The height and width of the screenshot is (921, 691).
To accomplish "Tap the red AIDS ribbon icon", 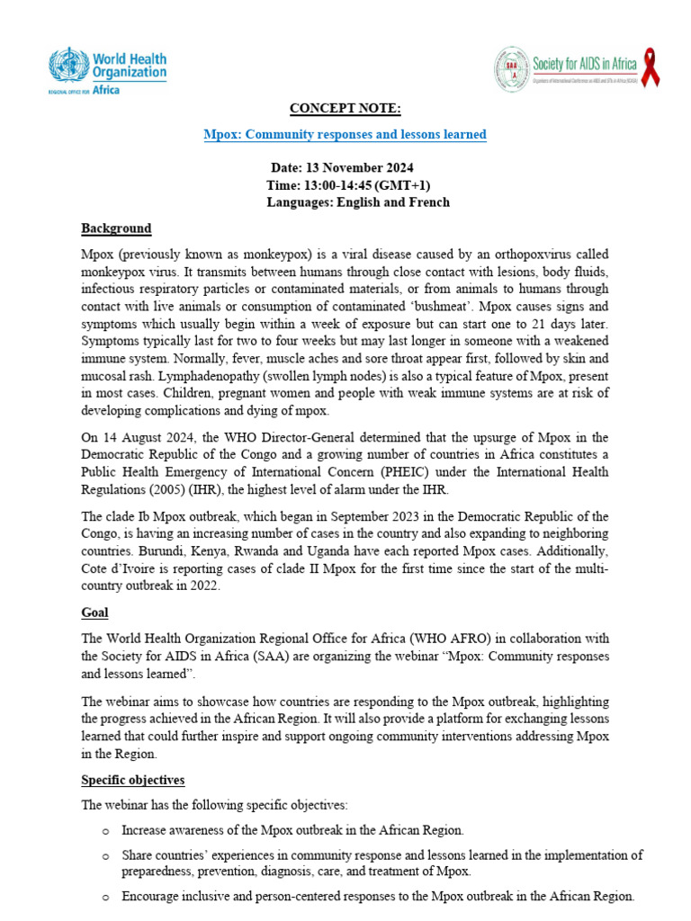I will [650, 69].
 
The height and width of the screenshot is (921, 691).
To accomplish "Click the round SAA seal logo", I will [512, 68].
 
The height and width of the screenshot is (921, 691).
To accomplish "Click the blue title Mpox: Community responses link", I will [345, 135].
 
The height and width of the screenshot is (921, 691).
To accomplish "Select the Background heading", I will [116, 228].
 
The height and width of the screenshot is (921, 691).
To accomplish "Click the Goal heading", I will [94, 613].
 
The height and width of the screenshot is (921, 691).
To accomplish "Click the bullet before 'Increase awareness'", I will [106, 830].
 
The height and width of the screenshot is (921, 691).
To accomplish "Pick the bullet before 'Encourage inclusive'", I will [106, 897].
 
